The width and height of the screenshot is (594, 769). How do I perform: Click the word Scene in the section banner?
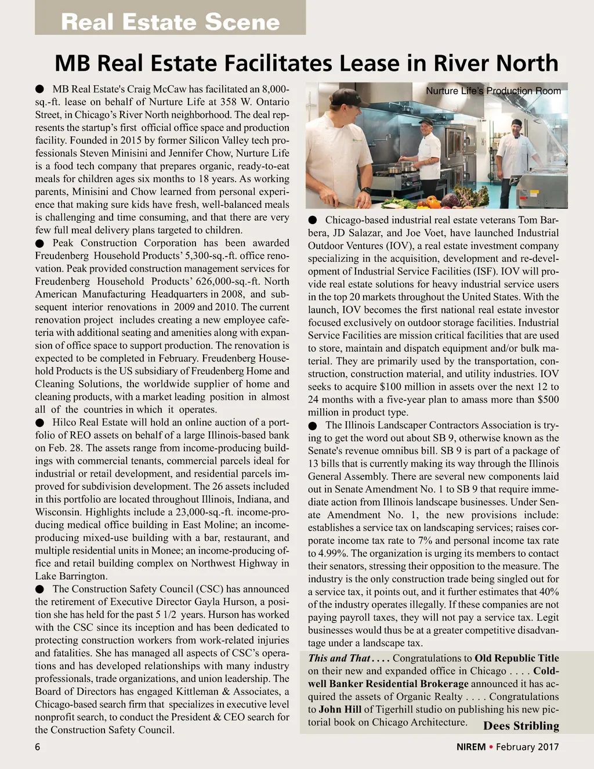(242, 22)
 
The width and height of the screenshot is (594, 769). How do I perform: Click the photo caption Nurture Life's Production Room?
(493, 91)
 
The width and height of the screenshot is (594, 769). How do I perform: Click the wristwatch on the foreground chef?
(366, 190)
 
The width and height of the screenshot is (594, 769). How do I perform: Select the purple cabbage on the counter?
(450, 201)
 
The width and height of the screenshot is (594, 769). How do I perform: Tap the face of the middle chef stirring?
(428, 128)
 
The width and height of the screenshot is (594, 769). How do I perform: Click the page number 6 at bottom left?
(38, 747)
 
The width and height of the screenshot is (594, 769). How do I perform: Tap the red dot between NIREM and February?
(491, 746)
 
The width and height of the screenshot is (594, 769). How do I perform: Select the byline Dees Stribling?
(521, 726)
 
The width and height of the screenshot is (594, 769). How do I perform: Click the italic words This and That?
(339, 658)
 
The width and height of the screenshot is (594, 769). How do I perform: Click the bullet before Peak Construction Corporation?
(39, 244)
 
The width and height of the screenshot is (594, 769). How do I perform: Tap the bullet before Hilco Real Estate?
(39, 423)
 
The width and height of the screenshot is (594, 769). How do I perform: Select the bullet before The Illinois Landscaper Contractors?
(313, 426)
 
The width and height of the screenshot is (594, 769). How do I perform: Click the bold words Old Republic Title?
(516, 658)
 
